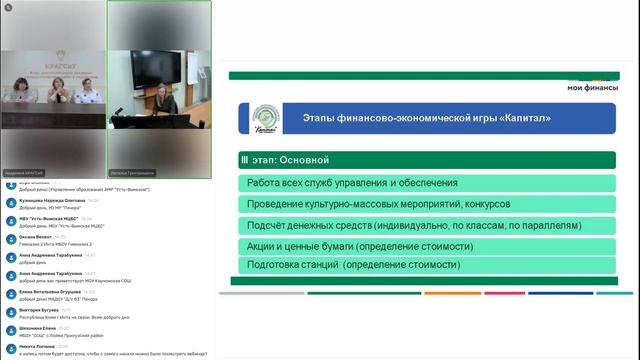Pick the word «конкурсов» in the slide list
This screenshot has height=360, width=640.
479,203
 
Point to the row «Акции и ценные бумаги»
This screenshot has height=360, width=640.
367,245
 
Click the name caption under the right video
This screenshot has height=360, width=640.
134,173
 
